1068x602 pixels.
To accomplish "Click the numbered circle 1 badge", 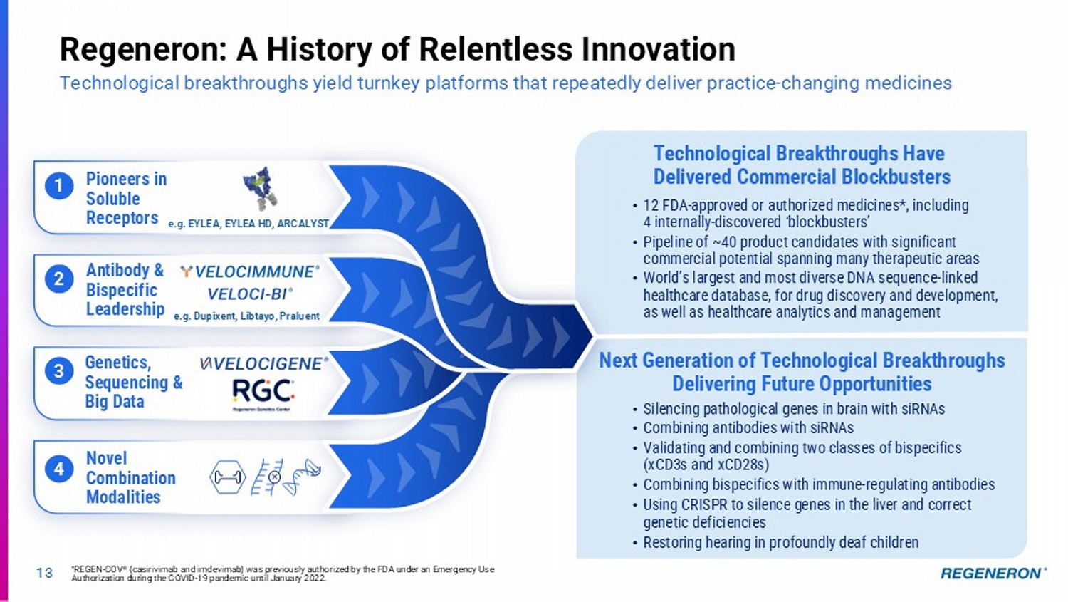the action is point(59,185).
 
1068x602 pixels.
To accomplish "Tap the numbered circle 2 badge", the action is point(59,279).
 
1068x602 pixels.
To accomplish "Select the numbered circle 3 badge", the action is point(59,371).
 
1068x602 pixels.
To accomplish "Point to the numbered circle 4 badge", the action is point(59,469).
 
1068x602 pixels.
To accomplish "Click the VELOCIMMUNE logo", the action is point(250,272).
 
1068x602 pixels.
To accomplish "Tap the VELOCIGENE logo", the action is point(263,363).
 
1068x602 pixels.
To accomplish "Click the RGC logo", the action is point(263,394).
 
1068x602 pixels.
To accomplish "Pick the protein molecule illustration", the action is point(260,189).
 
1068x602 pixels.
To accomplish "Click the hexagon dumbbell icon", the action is point(227,477).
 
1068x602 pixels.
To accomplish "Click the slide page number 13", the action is point(44,573).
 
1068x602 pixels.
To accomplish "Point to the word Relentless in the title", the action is point(496,49).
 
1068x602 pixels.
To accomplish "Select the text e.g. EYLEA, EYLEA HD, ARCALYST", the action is point(248,224).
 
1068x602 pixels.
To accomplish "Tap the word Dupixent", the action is point(214,316).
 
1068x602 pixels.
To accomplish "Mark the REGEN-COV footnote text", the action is point(283,574).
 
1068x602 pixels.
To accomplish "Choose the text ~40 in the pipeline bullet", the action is point(724,242).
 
